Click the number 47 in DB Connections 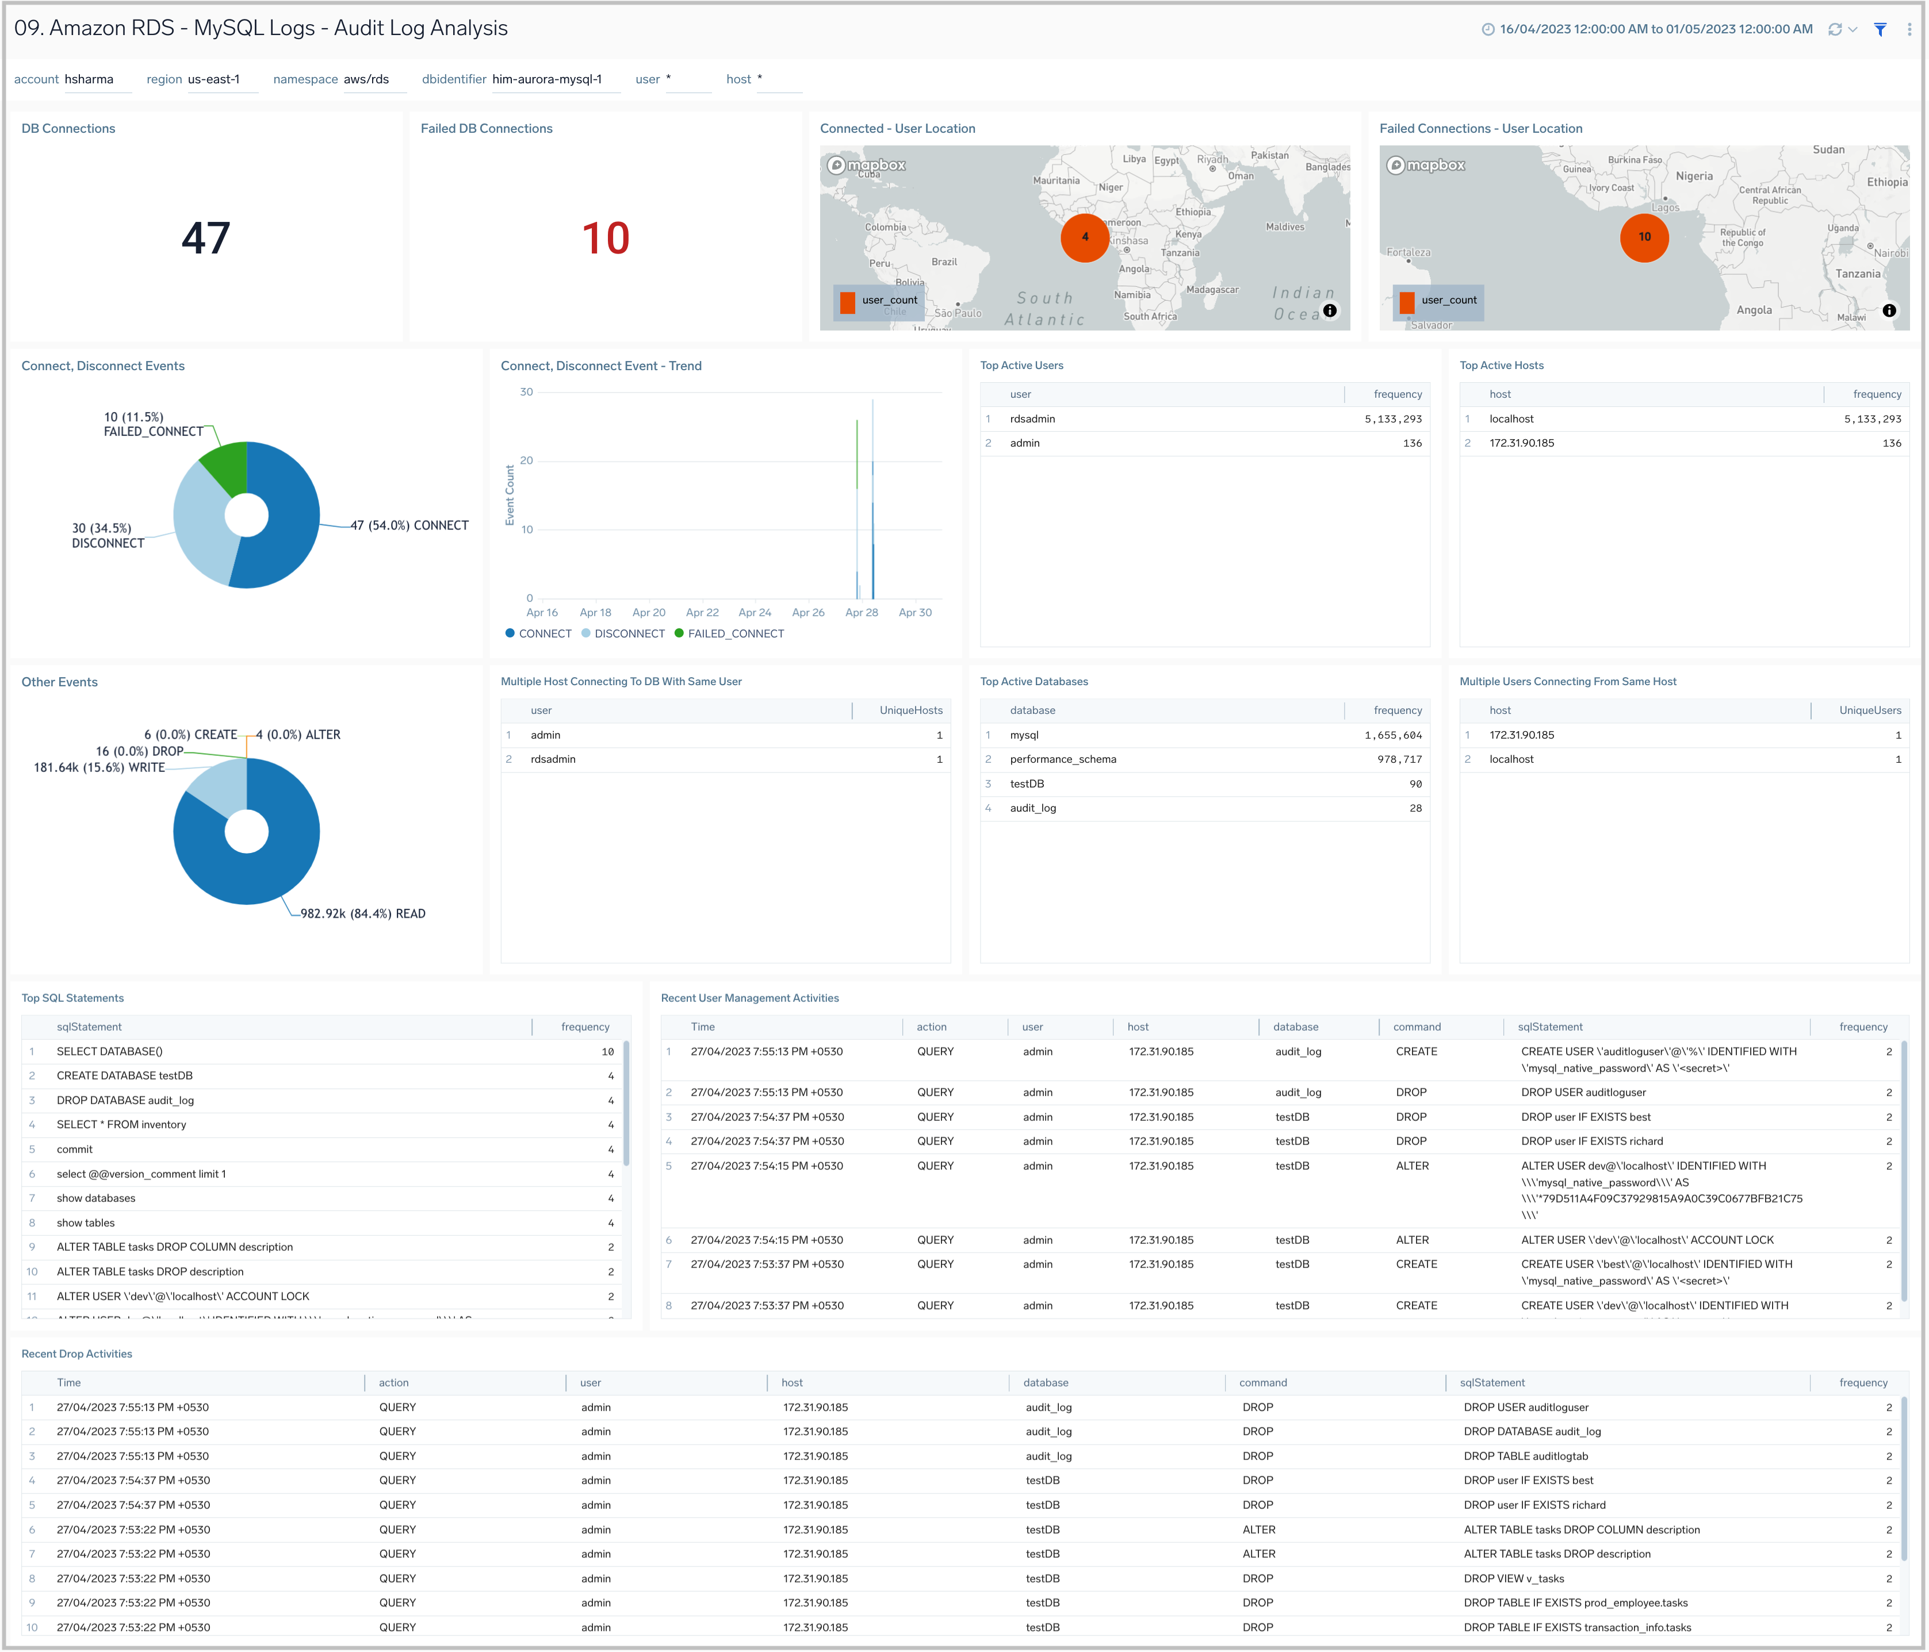click(x=206, y=239)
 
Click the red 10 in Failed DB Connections click(x=605, y=239)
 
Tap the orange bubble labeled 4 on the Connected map click(x=1085, y=237)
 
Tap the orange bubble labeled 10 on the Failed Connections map click(x=1644, y=237)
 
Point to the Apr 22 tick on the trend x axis click(x=702, y=612)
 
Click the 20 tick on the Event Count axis click(x=527, y=460)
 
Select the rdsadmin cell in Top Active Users click(x=1032, y=419)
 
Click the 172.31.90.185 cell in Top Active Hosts click(x=1521, y=443)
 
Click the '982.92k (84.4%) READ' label click(x=362, y=914)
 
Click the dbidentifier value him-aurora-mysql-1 click(x=546, y=79)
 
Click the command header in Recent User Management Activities click(x=1416, y=1027)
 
